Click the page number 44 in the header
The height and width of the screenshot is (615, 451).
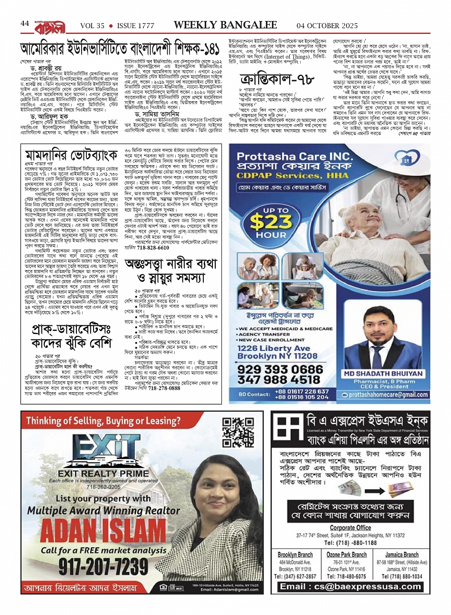point(25,23)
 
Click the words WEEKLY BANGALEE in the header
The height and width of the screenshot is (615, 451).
point(225,25)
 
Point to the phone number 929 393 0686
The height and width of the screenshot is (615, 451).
point(280,370)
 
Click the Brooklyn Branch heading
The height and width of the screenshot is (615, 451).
point(295,554)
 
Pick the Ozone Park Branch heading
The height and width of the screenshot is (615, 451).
point(346,554)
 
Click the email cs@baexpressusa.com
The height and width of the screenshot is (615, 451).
point(351,587)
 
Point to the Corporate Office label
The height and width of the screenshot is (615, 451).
point(350,528)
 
